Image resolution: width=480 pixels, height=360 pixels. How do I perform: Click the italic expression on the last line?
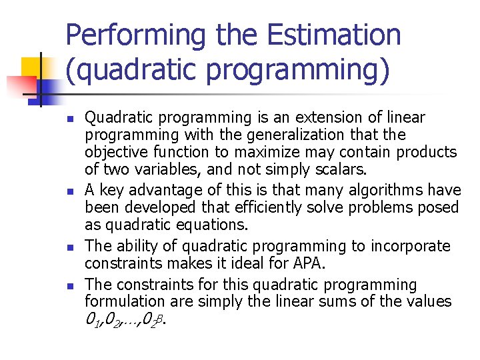(126, 319)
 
